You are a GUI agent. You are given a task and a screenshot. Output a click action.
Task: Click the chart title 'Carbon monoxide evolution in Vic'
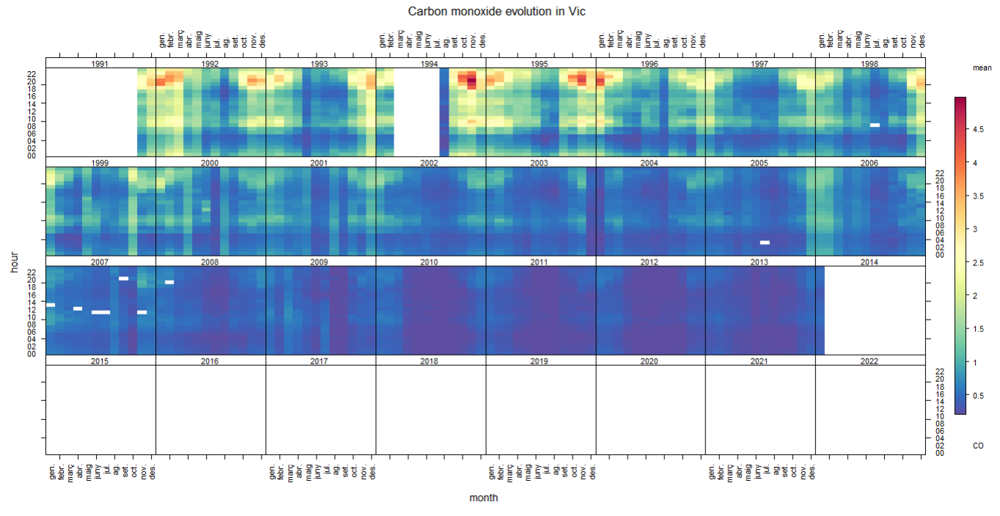pyautogui.click(x=497, y=12)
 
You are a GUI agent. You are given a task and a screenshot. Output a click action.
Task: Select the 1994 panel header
pyautogui.click(x=430, y=64)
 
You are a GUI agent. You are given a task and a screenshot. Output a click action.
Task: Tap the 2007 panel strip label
pyautogui.click(x=100, y=262)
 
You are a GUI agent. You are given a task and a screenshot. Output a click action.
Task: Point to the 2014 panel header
pyautogui.click(x=870, y=262)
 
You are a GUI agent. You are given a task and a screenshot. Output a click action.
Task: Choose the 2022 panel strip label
pyautogui.click(x=870, y=361)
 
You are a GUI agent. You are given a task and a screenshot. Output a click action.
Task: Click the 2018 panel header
pyautogui.click(x=430, y=361)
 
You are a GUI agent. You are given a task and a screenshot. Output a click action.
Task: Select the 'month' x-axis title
pyautogui.click(x=484, y=498)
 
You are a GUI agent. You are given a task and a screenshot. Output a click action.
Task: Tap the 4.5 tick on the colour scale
pyautogui.click(x=978, y=130)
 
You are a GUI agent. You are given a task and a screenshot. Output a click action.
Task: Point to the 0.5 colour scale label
pyautogui.click(x=978, y=395)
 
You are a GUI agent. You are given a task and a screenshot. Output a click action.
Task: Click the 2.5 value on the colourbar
pyautogui.click(x=978, y=262)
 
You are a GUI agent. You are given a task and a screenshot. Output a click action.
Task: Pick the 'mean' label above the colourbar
pyautogui.click(x=982, y=67)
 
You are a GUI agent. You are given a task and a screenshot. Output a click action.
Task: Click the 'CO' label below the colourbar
pyautogui.click(x=978, y=446)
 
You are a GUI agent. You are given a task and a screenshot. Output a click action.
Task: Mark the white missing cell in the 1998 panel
pyautogui.click(x=875, y=125)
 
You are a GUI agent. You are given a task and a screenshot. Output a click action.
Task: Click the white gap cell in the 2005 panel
pyautogui.click(x=765, y=243)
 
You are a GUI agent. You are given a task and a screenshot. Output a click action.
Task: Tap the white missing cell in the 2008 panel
pyautogui.click(x=169, y=282)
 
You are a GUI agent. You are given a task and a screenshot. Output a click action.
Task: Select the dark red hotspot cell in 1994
pyautogui.click(x=471, y=81)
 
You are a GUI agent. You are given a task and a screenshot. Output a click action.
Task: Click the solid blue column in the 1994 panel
pyautogui.click(x=444, y=111)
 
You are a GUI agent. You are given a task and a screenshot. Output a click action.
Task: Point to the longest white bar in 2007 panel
pyautogui.click(x=100, y=312)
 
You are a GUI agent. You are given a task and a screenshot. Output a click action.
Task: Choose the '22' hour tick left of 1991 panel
pyautogui.click(x=32, y=74)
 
